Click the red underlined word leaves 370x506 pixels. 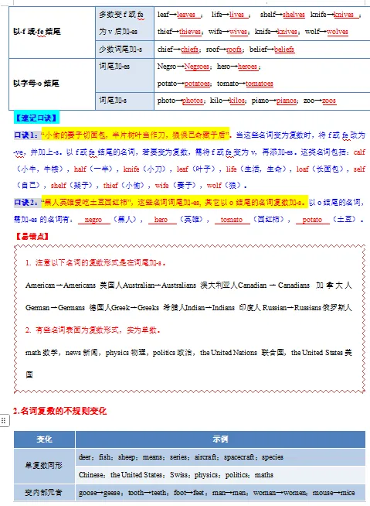coord(186,15)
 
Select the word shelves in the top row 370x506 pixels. coord(294,15)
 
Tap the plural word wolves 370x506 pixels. coord(338,32)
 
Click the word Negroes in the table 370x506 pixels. coord(197,67)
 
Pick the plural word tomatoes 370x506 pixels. coord(259,83)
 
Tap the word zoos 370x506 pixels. coord(329,101)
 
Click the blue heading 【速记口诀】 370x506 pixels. coord(36,118)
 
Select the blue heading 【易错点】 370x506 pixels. coord(31,236)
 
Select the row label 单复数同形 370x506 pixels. coord(44,465)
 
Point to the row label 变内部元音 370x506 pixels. coord(44,492)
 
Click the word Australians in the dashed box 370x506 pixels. coord(160,285)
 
